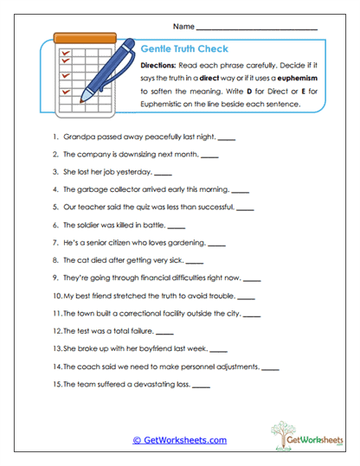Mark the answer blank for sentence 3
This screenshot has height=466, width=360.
tap(163, 173)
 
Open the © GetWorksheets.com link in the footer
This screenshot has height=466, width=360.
tap(180, 440)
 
